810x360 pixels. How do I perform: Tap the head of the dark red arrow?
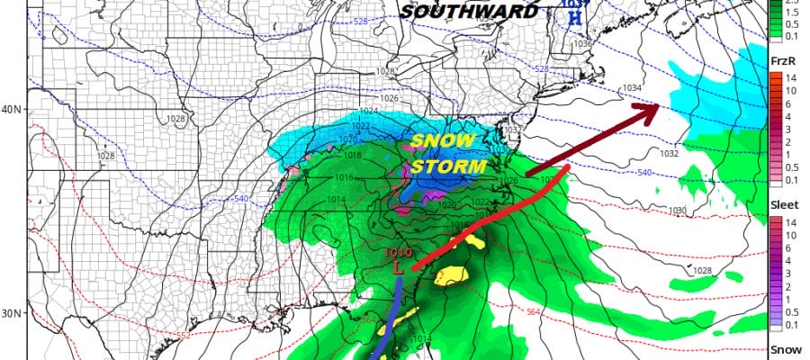click(x=647, y=111)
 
